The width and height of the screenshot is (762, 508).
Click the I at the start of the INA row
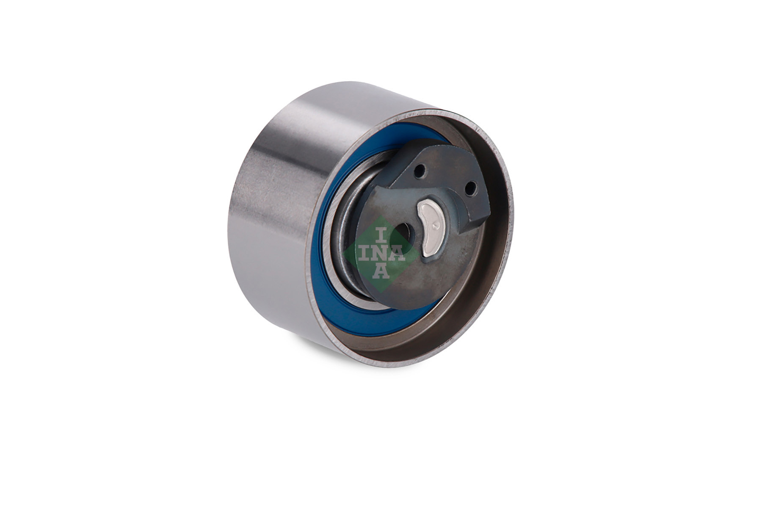366,253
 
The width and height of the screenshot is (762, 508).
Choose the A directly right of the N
397,253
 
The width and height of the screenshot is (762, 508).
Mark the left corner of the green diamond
342,253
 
